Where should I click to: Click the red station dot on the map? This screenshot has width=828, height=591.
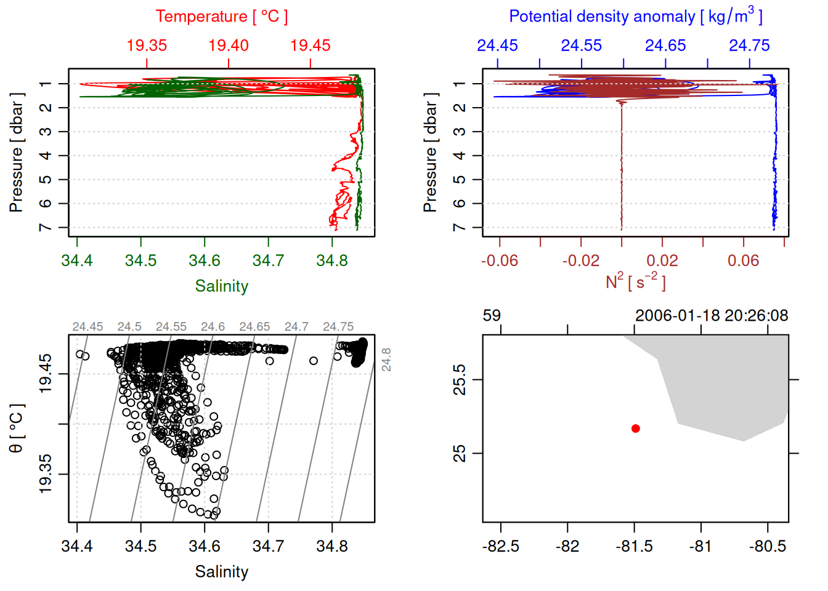(636, 428)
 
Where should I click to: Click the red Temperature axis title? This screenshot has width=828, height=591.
(221, 17)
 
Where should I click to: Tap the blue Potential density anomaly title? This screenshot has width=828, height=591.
(635, 17)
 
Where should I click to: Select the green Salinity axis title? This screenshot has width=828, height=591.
(221, 286)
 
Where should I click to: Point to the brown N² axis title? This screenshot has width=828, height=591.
(635, 282)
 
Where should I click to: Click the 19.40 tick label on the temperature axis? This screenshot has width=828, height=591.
(229, 46)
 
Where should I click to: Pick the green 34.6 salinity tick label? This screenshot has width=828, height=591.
(205, 261)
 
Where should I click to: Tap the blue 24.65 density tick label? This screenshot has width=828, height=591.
(665, 46)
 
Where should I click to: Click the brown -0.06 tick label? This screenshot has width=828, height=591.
(499, 261)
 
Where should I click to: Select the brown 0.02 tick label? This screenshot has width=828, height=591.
(662, 261)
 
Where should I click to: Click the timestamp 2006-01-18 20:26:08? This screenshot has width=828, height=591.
(712, 316)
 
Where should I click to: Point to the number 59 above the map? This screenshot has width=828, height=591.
(492, 316)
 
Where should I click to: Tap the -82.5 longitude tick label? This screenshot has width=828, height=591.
(501, 547)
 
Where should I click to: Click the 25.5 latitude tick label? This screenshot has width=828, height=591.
(460, 380)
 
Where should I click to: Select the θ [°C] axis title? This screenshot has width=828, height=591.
(17, 428)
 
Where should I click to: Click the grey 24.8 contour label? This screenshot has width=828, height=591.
(386, 360)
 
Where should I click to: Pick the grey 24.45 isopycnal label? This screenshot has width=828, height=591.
(87, 327)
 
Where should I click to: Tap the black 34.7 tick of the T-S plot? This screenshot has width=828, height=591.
(269, 547)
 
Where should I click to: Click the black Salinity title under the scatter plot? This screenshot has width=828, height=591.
(221, 572)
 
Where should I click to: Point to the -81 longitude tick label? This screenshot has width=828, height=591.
(700, 547)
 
